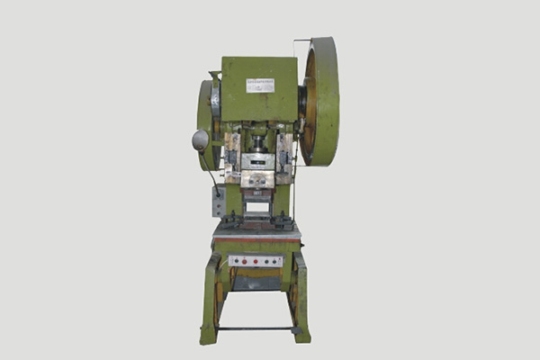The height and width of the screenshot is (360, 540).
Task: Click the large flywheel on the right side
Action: point(321,101)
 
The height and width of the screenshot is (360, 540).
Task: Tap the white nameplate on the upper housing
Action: point(260,85)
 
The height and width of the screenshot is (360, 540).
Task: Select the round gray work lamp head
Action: point(200,139)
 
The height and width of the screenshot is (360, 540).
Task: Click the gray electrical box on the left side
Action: point(218,202)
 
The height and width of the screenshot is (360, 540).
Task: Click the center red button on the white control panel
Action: point(256,261)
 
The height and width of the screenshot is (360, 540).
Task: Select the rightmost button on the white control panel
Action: point(276,261)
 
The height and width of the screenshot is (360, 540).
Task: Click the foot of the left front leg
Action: point(209,337)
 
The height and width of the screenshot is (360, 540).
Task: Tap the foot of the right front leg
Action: point(301,335)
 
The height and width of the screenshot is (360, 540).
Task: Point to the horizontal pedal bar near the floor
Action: point(255,328)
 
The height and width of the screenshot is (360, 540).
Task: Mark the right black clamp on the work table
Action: point(284,221)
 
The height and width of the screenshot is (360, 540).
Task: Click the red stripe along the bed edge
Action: point(256,240)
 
